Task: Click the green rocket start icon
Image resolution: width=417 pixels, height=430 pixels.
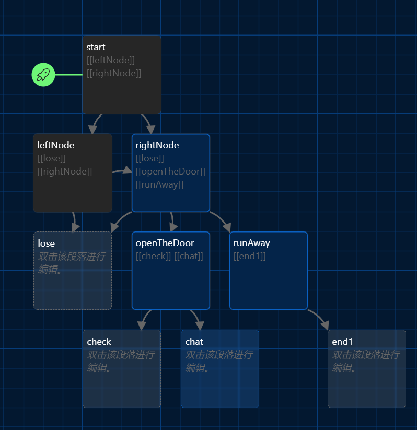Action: [x=43, y=75]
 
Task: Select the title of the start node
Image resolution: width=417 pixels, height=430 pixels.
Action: [x=96, y=47]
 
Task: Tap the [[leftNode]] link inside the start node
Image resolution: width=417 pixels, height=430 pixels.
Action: [x=111, y=60]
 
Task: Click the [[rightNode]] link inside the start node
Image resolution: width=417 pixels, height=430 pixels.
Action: [x=114, y=73]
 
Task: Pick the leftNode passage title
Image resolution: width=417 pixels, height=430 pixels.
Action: [x=56, y=145]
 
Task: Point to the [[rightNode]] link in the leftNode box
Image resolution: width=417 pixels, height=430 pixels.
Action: [x=65, y=171]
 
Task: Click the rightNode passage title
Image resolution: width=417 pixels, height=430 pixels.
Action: [x=157, y=145]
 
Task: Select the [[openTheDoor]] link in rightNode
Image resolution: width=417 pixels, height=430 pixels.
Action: [x=170, y=171]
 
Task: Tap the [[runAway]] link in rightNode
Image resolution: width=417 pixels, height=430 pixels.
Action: [x=159, y=184]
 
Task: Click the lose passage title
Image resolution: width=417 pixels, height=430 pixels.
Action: [x=47, y=243]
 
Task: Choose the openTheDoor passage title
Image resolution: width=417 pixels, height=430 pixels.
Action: [x=165, y=243]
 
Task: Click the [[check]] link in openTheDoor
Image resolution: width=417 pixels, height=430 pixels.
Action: [x=153, y=256]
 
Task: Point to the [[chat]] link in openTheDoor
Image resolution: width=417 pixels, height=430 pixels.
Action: [x=189, y=256]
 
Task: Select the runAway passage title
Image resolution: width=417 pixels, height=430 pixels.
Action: [x=252, y=243]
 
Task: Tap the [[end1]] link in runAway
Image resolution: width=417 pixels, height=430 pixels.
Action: [x=250, y=256]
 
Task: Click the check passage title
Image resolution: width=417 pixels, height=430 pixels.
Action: [x=99, y=342]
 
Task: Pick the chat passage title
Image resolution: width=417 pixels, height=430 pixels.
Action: [x=194, y=342]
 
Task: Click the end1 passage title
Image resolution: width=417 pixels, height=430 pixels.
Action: [x=343, y=342]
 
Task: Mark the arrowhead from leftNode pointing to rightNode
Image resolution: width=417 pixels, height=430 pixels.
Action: [x=127, y=171]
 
